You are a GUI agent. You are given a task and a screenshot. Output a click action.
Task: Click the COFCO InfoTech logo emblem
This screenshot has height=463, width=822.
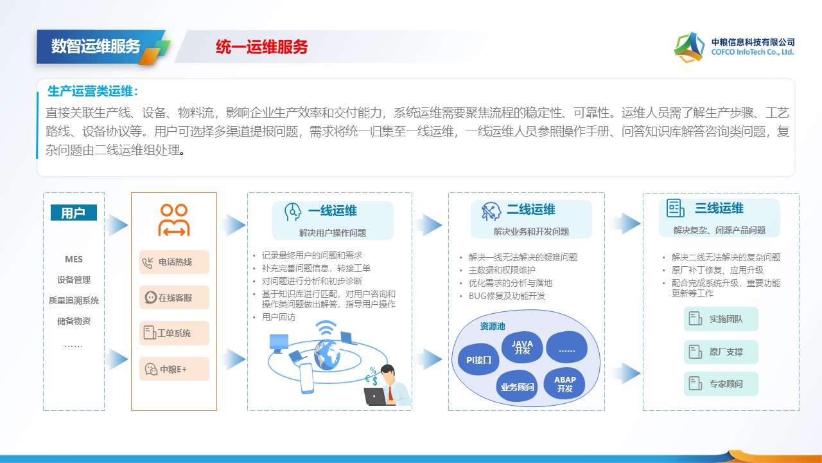[689, 48]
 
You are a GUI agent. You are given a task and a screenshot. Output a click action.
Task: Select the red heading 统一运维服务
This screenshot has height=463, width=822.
[261, 47]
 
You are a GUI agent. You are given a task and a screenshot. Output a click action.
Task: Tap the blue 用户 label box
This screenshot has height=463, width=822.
[74, 212]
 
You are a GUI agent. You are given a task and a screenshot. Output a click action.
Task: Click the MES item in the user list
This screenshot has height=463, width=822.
[74, 259]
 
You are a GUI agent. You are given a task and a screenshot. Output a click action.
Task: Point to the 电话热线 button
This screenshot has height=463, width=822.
[174, 262]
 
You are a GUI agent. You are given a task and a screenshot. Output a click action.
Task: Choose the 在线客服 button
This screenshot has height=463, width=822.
[174, 297]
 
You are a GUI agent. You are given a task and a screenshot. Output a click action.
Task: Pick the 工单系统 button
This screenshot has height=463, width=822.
[174, 333]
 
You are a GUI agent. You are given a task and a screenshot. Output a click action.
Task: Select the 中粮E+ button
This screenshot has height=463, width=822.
[174, 368]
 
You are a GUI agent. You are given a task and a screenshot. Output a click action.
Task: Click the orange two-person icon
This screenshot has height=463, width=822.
[174, 220]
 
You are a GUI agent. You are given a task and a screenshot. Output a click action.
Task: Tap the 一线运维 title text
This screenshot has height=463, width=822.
[333, 210]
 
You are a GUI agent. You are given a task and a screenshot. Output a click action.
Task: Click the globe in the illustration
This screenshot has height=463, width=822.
[327, 354]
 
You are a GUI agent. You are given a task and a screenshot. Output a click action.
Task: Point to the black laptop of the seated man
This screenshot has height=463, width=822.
[374, 397]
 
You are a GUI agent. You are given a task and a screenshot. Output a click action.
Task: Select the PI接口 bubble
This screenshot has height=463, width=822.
[478, 359]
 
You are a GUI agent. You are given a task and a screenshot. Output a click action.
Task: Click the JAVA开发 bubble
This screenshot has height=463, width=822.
[522, 347]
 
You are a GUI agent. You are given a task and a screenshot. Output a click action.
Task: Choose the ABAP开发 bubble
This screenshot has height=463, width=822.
[564, 384]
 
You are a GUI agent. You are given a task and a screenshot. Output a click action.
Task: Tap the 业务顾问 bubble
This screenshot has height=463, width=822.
[517, 386]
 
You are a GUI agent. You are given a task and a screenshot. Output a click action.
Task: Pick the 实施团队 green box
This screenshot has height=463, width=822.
[721, 319]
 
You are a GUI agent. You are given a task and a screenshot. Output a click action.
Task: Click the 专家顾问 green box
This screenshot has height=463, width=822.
[721, 384]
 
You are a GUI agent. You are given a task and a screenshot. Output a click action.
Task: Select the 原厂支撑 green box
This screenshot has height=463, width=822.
[721, 352]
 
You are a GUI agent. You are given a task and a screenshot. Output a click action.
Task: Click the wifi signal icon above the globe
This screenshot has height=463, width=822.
[326, 328]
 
